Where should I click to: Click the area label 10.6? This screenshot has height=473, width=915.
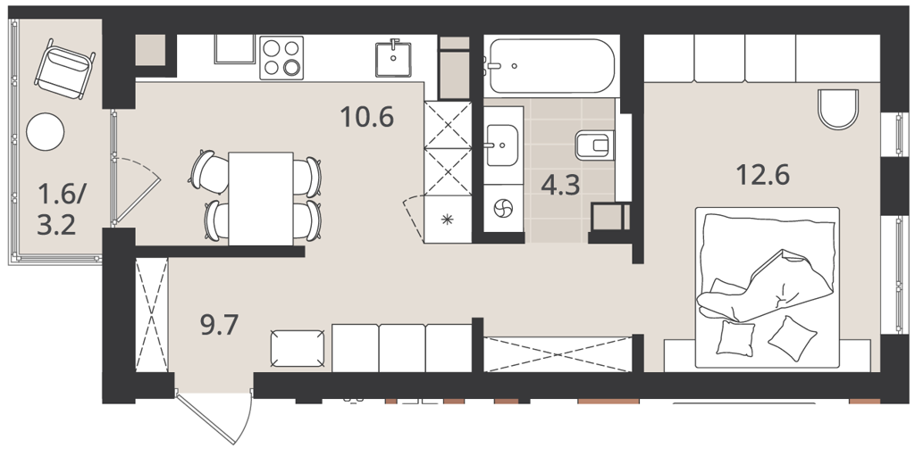367,117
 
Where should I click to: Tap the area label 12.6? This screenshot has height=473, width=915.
763,174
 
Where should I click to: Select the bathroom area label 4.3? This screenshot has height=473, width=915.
560,186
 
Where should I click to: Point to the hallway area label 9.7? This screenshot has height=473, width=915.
220,325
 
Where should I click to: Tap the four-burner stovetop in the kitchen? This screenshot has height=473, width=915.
281,58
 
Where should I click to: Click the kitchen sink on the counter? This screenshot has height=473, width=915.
393,58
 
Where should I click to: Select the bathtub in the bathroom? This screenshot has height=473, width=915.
551,66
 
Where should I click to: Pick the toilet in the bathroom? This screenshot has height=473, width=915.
594,145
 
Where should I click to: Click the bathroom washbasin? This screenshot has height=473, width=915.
501,145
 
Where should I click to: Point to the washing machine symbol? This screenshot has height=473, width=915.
503,209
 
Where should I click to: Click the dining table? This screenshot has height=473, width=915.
261,199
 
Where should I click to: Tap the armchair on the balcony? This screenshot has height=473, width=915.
64,69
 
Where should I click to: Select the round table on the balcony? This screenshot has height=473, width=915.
45,132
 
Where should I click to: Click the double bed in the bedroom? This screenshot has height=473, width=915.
767,287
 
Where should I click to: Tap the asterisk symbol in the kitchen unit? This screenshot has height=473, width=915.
448,220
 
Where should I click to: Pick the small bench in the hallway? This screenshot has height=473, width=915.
298,348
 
